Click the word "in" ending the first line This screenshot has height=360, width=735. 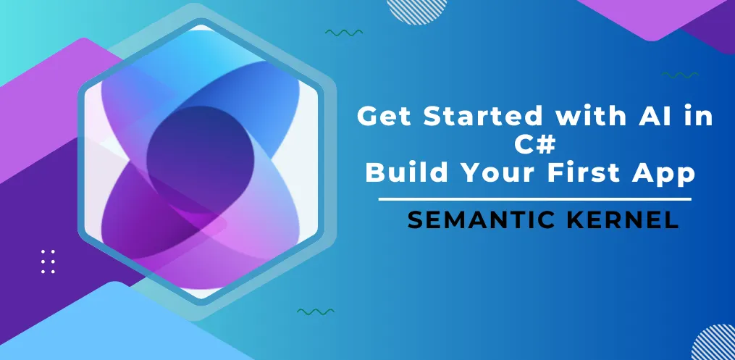pos(695,116)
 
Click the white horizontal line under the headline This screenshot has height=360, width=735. pos(534,198)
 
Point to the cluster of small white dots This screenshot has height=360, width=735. pos(48,261)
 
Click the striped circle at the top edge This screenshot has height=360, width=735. pos(413,9)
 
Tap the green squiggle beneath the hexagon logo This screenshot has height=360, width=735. pos(316,311)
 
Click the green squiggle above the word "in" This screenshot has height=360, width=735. pos(680,75)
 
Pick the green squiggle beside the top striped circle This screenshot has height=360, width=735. pos(344,33)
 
